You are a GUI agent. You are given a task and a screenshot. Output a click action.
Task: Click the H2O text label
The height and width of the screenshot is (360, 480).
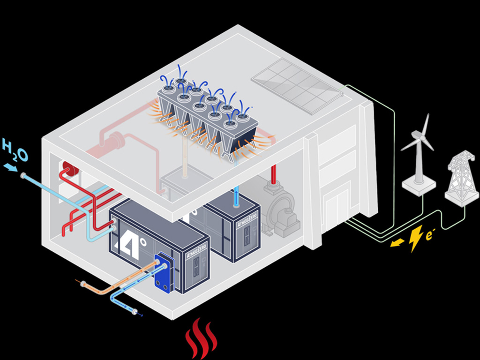(x=15, y=149)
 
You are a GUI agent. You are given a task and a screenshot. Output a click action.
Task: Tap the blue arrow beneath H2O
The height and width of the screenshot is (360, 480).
(x=10, y=167)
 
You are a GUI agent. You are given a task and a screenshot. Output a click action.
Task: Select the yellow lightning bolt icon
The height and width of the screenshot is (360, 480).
(x=415, y=239)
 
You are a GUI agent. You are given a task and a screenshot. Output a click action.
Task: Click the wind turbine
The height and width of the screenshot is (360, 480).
(x=419, y=155)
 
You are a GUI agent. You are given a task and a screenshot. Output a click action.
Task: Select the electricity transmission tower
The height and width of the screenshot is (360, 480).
(x=461, y=178)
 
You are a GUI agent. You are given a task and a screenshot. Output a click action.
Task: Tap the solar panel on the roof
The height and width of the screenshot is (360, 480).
(x=297, y=85)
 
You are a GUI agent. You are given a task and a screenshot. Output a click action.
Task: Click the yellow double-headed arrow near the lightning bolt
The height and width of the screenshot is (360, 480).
(x=397, y=242)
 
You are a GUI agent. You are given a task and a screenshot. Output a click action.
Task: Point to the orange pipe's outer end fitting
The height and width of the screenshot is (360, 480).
(x=83, y=283)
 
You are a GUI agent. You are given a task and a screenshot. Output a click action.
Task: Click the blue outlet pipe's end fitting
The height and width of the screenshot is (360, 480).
(x=135, y=312)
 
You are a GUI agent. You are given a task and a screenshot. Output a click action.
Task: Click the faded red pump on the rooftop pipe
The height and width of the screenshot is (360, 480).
(x=115, y=141)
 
